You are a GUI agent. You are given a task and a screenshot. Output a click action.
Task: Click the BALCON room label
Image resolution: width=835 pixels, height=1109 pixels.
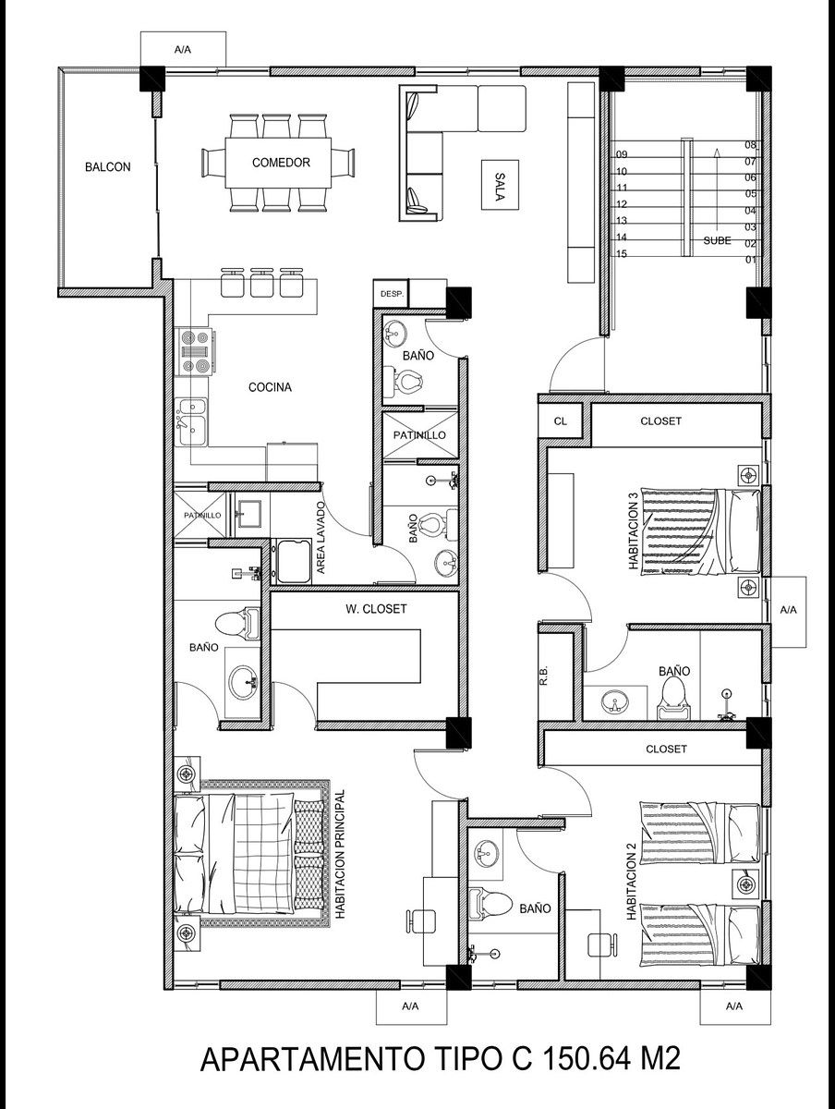point(107,166)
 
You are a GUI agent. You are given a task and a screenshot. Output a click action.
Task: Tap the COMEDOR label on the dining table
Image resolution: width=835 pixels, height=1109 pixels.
point(281,163)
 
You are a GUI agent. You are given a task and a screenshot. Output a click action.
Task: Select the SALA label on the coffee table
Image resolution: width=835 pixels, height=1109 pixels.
point(500,187)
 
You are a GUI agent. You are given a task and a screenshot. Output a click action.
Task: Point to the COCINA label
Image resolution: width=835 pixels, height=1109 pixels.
point(270,387)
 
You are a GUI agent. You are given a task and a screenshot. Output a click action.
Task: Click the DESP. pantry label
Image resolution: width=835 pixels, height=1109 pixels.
point(392,293)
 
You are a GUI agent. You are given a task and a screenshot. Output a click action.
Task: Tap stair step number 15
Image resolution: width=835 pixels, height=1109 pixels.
point(622,253)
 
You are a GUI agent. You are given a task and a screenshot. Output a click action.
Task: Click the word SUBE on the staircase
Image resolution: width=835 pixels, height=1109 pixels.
point(718,241)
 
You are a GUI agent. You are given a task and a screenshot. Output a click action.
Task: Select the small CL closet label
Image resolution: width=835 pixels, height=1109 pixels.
point(561,420)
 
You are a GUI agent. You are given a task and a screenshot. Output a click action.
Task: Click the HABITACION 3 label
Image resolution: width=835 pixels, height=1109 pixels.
point(634,530)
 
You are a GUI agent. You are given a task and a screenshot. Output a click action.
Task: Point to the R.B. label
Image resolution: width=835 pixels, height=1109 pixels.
point(544,676)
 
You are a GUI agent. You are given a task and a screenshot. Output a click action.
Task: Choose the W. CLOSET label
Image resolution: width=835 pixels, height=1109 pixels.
point(376,609)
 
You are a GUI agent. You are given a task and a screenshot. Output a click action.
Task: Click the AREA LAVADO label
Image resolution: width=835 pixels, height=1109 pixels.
point(321,538)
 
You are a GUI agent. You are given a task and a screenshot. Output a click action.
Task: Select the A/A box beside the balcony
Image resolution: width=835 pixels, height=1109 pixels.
point(183,50)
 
